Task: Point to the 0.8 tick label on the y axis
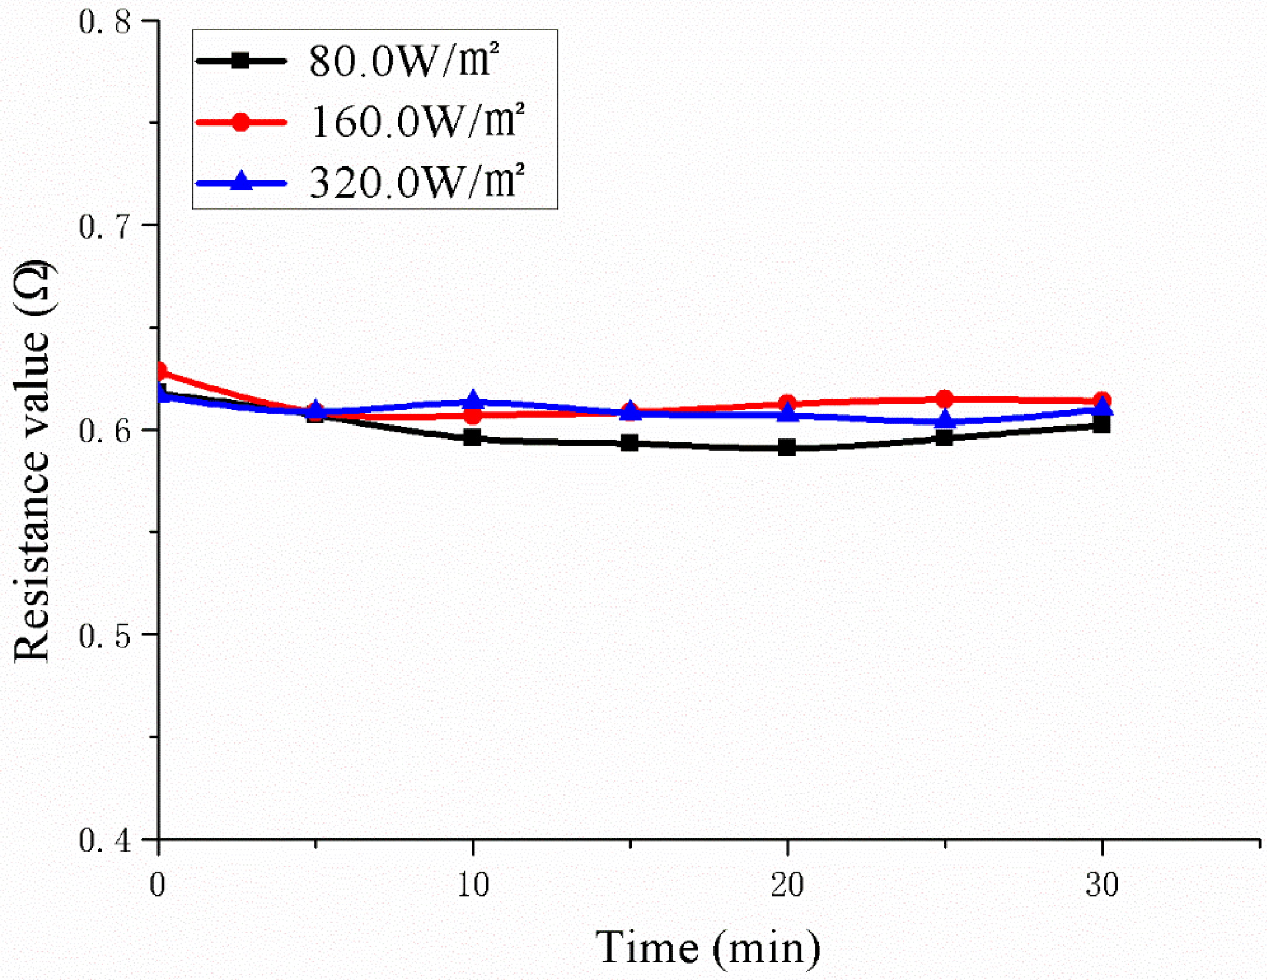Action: click(x=105, y=22)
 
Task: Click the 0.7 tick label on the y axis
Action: click(x=105, y=226)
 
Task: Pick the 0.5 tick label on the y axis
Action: click(x=105, y=636)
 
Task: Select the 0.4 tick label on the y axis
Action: click(x=105, y=841)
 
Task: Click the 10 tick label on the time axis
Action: click(x=472, y=885)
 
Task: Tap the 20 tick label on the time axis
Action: click(x=787, y=885)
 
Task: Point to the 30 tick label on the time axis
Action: click(x=1101, y=885)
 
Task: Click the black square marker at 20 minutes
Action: click(x=787, y=448)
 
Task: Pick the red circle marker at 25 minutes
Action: click(x=944, y=399)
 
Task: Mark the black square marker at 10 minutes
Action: click(x=472, y=437)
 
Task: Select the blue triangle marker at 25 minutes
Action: click(x=944, y=420)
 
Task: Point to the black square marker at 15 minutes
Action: click(x=629, y=443)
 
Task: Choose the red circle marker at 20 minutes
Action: click(x=787, y=403)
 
